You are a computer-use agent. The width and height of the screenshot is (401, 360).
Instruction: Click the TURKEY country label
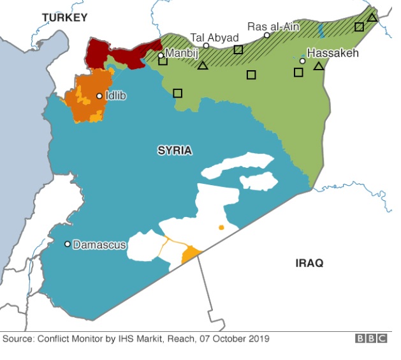(64, 17)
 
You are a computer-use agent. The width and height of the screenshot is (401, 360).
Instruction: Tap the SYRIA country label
(175, 151)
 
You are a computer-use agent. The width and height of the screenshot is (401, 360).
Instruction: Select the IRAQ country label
(309, 262)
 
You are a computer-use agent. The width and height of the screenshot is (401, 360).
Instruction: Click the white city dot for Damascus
(68, 244)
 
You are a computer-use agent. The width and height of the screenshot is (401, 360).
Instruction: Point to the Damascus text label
(99, 244)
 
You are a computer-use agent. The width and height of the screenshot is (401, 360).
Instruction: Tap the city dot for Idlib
(99, 96)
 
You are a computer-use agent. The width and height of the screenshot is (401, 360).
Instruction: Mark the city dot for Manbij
(161, 56)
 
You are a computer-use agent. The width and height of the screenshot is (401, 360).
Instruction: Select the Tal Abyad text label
(214, 38)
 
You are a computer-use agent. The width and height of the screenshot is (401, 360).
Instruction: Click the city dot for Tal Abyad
(207, 46)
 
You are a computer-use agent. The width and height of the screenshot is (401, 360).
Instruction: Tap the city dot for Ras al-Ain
(267, 35)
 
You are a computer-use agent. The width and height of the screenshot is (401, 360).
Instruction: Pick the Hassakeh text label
(333, 53)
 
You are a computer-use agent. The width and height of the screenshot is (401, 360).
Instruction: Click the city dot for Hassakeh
(303, 61)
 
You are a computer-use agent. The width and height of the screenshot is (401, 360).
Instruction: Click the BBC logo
(371, 339)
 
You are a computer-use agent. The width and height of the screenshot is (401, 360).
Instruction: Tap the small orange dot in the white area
(221, 227)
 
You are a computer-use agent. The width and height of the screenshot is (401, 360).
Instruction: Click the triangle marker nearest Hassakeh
(319, 66)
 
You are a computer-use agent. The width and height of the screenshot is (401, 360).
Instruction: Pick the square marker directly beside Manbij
(163, 61)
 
